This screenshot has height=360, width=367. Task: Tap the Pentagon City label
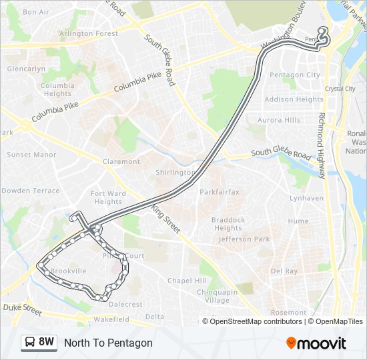coord(294,75)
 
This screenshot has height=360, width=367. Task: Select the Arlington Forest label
coord(89,33)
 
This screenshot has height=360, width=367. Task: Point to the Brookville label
coord(69,271)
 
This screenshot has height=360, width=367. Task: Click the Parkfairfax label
coord(220,192)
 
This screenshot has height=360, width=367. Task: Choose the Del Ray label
coord(284,271)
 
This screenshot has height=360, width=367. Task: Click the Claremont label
coord(121,161)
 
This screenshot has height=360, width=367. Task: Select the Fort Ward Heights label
coord(107,198)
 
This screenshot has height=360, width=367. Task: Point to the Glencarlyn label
coord(26,69)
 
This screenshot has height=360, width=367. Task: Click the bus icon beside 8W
coord(30,343)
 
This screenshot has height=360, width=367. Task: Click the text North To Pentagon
coord(108,343)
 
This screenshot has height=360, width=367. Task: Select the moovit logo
coord(316,343)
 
